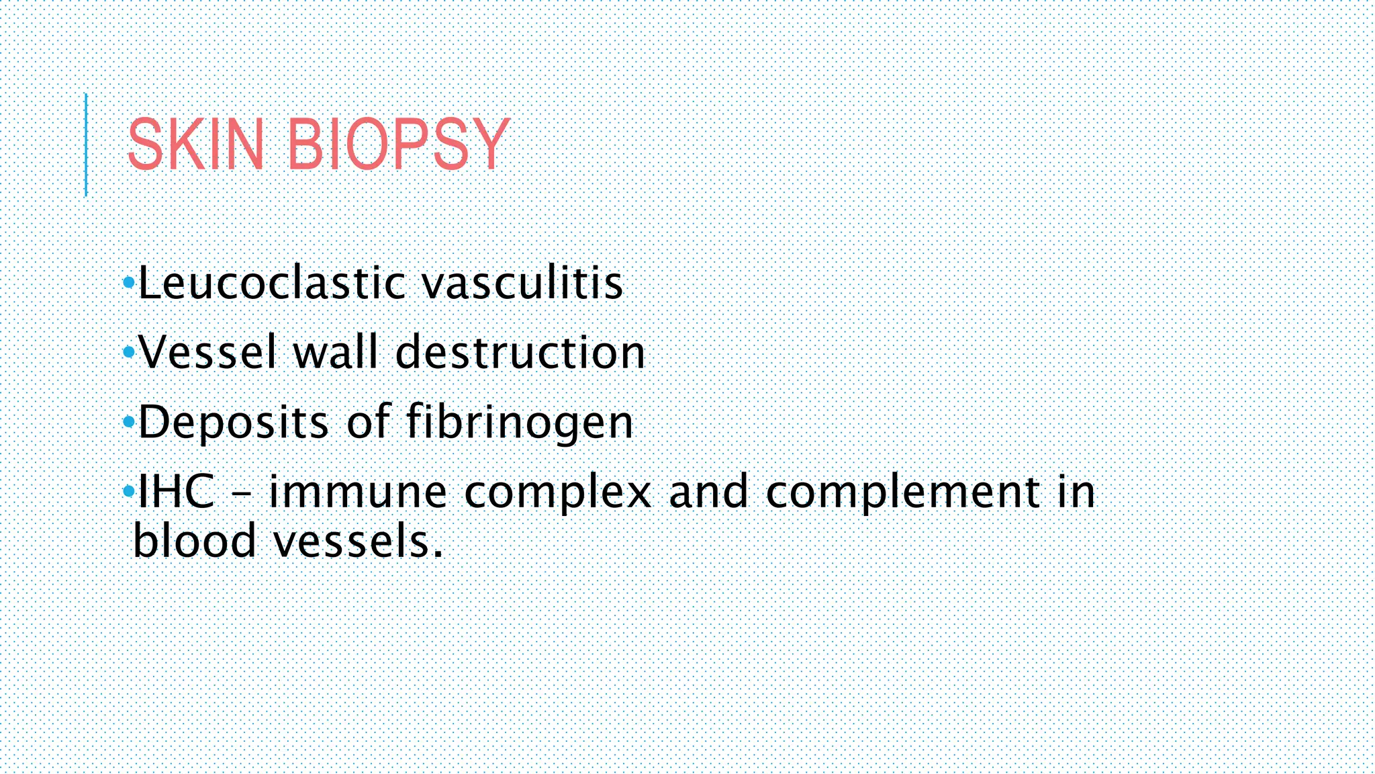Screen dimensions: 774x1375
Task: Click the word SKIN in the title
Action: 195,144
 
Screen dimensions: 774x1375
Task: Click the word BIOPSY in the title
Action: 398,144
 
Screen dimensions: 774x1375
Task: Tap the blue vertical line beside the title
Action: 86,144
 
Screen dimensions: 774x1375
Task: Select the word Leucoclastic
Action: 272,283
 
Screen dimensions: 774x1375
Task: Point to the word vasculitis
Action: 522,283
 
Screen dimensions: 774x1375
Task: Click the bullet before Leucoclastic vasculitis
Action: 129,283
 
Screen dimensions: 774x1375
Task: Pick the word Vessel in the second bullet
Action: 207,352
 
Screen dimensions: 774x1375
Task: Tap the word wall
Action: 336,352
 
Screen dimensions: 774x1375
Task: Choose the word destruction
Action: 520,352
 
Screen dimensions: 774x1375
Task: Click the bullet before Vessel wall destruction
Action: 129,352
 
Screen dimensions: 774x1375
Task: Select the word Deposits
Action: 234,423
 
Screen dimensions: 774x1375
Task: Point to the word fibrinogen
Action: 520,423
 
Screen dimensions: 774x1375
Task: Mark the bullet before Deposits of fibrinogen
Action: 129,423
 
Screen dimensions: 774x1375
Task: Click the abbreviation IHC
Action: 177,492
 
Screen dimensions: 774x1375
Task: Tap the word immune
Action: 358,492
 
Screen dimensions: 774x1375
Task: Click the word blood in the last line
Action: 195,541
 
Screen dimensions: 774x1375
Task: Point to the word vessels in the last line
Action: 358,542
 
